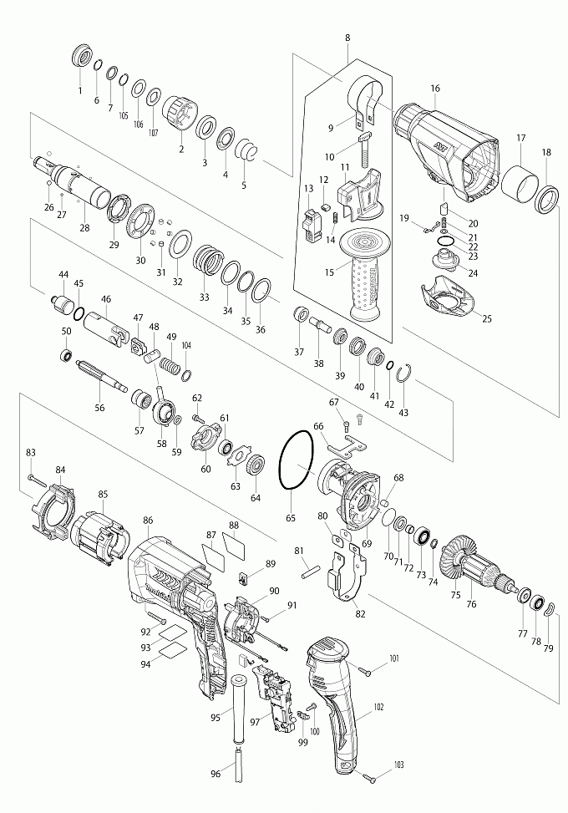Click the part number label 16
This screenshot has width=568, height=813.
[x=435, y=89]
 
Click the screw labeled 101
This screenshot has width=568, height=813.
[x=365, y=670]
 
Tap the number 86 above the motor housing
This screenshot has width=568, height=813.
[x=148, y=520]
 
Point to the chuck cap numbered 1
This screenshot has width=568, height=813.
[x=82, y=57]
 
